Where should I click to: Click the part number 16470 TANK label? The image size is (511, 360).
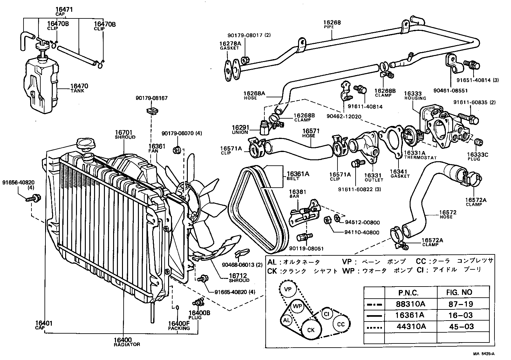tap(79, 88)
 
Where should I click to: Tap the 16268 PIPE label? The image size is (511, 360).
tap(332, 24)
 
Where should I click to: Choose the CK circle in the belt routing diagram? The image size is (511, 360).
tap(311, 330)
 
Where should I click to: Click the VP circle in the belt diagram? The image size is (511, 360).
tap(288, 289)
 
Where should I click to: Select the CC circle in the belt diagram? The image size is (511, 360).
tap(341, 324)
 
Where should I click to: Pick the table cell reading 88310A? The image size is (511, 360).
tap(410, 304)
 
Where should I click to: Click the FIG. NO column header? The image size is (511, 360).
tap(459, 292)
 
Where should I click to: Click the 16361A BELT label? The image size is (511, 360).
tap(297, 176)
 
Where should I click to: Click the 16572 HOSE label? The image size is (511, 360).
tap(448, 214)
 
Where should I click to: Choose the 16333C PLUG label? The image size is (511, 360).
tap(477, 156)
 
